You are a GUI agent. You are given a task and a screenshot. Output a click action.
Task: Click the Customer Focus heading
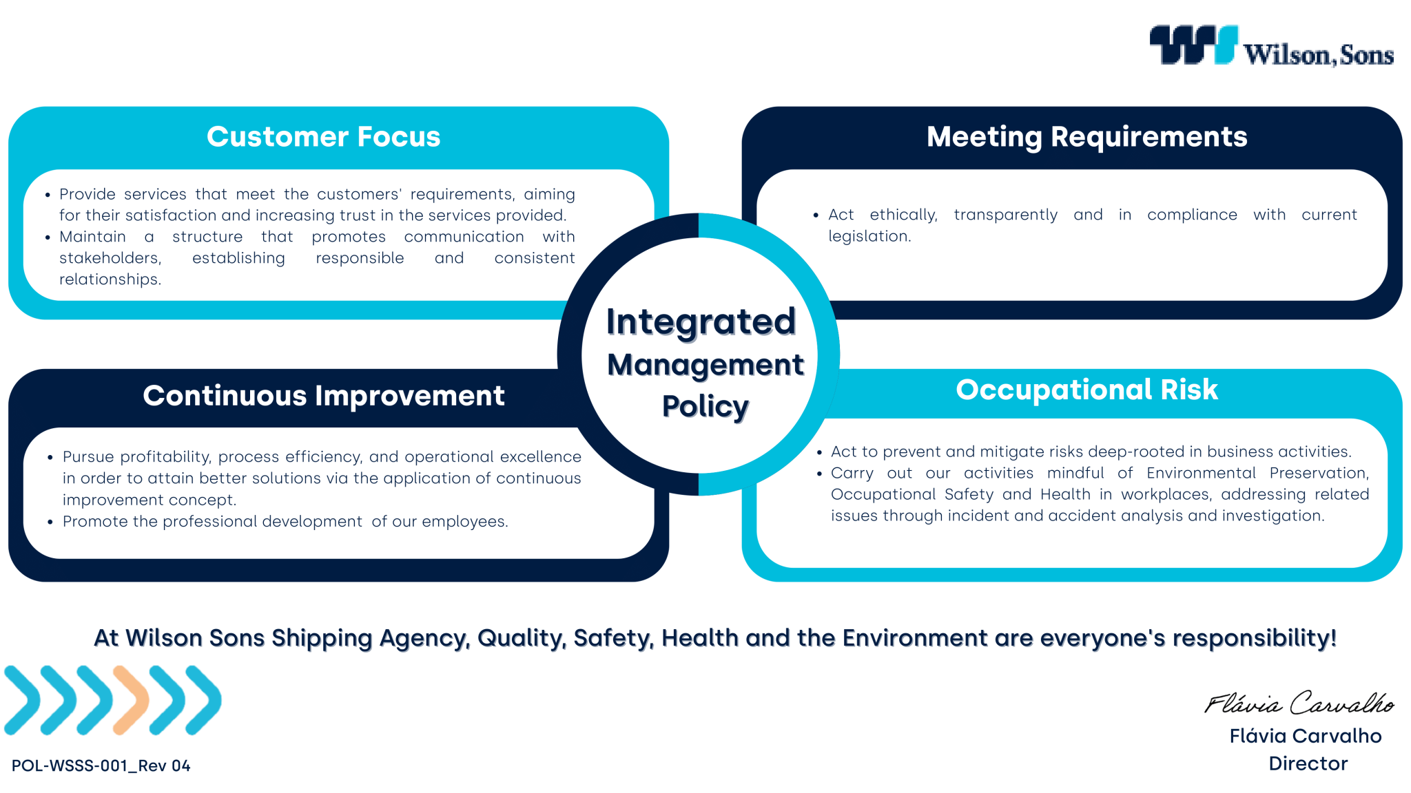tap(323, 136)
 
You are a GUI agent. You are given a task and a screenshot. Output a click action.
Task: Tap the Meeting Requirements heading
tap(1086, 137)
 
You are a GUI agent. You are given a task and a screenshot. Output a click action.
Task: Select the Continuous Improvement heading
tap(323, 396)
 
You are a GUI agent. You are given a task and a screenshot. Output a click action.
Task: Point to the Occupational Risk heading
tap(1086, 390)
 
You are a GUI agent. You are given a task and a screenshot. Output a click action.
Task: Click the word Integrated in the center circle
tap(701, 322)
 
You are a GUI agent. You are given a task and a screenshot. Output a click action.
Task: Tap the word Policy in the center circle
tap(705, 406)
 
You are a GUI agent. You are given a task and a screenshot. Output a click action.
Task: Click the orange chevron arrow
tap(131, 699)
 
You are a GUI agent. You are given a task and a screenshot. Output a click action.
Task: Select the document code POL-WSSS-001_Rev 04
tap(101, 765)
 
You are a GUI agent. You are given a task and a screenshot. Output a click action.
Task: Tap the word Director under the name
tap(1308, 763)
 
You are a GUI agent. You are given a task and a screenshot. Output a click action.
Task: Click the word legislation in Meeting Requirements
tap(869, 236)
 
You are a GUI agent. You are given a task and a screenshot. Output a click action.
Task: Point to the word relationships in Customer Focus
tap(110, 279)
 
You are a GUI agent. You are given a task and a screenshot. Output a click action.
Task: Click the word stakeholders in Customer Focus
tap(110, 258)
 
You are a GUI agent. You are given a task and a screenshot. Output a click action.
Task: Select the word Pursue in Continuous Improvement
tap(89, 457)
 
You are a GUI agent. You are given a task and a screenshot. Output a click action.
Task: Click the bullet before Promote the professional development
tap(50, 522)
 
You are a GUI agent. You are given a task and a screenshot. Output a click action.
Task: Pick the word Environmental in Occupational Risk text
tap(1201, 473)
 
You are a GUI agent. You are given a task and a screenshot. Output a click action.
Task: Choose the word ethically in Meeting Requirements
tap(903, 215)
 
